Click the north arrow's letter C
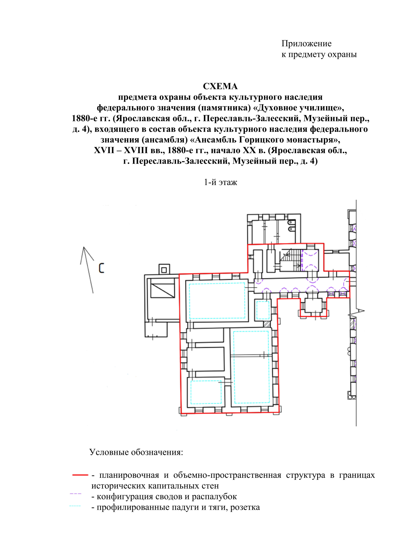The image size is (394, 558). coord(101,268)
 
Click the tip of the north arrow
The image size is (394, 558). coord(84,247)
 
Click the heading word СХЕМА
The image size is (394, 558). coord(220,86)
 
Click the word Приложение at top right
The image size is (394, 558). coord(306,44)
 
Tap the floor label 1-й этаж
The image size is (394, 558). coord(220,182)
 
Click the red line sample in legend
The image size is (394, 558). coord(80,475)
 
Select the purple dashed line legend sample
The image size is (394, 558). coord(76,494)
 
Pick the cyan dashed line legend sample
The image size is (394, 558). coord(75,506)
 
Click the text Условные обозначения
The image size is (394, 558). coord(136,452)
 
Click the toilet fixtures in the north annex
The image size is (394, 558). coord(291,225)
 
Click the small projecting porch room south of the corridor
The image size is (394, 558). coord(313,305)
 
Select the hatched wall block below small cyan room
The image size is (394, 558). coord(267,324)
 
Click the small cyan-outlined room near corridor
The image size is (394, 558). coord(263,310)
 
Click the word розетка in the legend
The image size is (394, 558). coord(245,507)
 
